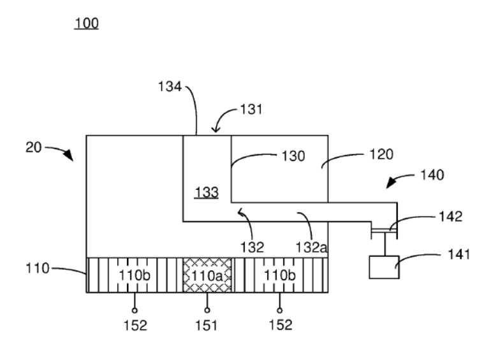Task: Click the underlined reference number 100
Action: [86, 24]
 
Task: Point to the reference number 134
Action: [170, 87]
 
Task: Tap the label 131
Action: [251, 110]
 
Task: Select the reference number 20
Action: [34, 147]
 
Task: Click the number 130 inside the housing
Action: [293, 156]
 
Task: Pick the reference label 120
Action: [381, 155]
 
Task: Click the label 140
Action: [432, 175]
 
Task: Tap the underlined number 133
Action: [207, 192]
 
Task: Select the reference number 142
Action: [450, 217]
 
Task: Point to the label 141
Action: [458, 254]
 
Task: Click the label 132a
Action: [311, 247]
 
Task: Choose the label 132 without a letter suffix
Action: [252, 247]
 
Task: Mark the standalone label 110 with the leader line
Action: [38, 268]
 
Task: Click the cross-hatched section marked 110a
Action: [207, 275]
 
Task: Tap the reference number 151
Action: [207, 326]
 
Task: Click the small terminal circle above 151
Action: [207, 310]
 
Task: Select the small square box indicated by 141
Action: [384, 268]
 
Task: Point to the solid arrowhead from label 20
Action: [69, 155]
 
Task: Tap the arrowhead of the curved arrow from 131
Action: [216, 129]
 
